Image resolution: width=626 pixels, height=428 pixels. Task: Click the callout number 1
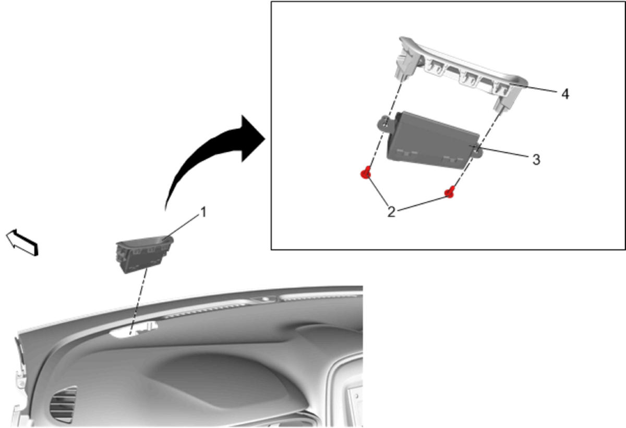tap(203, 212)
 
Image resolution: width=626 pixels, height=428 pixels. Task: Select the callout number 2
tap(391, 212)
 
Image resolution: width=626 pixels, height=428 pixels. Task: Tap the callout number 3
tap(536, 160)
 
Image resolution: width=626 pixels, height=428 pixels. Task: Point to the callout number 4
tap(565, 94)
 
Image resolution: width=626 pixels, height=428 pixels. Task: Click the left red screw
tap(366, 172)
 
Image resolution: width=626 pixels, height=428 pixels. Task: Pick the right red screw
tap(449, 192)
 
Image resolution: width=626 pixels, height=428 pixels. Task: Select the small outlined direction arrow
tap(22, 242)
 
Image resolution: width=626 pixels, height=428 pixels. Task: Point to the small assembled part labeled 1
tap(145, 254)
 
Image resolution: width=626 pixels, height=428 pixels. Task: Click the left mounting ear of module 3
tap(385, 124)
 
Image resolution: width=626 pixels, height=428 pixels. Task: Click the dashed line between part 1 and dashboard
tap(138, 302)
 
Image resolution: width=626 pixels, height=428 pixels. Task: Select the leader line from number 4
tap(534, 88)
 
